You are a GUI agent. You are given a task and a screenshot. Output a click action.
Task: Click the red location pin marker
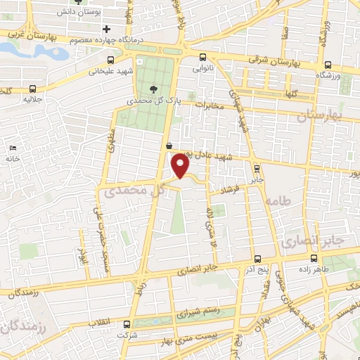181,166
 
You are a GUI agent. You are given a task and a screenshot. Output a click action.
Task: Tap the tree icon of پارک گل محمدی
155,89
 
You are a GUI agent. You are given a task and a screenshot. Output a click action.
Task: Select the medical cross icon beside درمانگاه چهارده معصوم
106,29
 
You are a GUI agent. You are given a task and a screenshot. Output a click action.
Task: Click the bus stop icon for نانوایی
202,57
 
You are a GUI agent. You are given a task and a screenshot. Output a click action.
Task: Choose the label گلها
291,92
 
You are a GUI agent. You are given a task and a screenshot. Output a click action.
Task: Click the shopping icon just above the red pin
169,146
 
